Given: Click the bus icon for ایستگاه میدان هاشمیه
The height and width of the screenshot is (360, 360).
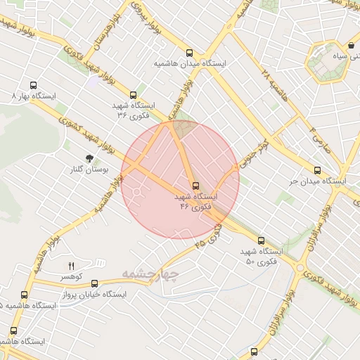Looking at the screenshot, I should (188, 53).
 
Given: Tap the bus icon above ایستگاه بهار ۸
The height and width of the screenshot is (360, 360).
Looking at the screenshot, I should (33, 84).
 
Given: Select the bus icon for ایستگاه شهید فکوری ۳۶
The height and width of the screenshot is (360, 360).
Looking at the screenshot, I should (133, 94).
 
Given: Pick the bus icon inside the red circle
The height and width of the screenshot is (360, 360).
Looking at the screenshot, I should (195, 186).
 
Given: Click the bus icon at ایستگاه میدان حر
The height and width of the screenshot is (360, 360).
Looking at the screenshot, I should (317, 170).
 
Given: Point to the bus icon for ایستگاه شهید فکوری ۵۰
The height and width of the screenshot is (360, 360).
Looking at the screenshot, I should (261, 240).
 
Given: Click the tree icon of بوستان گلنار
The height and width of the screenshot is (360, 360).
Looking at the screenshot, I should (89, 159).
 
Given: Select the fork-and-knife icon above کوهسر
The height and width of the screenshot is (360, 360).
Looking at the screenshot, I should (70, 266).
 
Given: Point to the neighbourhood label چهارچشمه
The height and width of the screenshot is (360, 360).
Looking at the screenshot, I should (150, 273).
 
